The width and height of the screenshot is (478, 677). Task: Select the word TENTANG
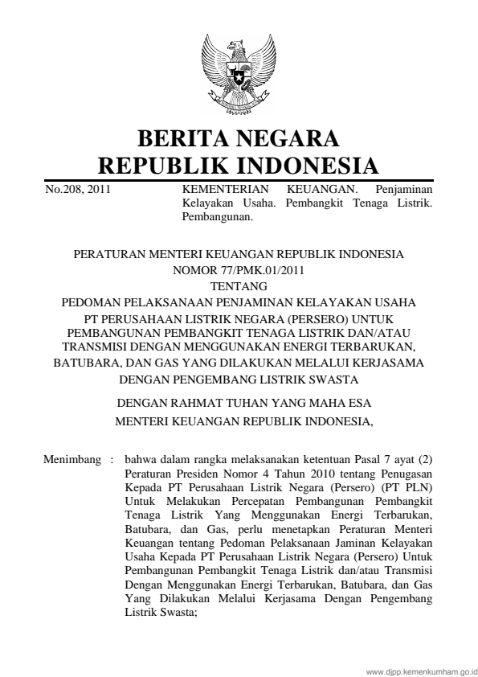pyautogui.click(x=239, y=285)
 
